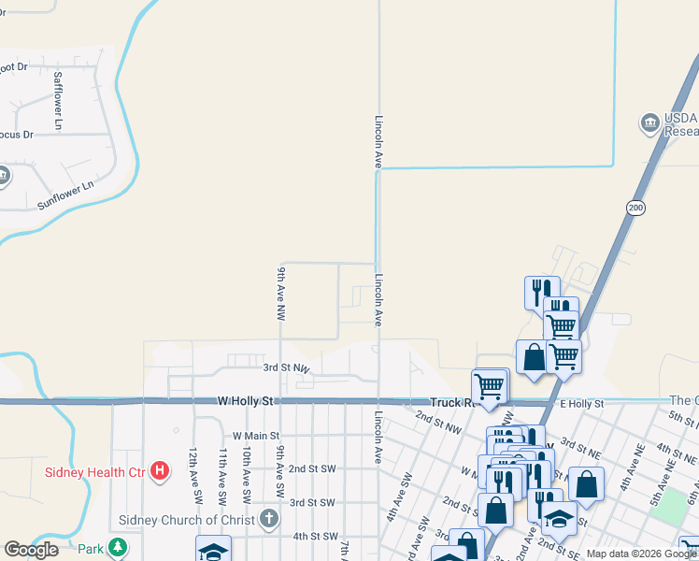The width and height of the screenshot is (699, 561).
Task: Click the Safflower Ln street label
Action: tap(58, 100)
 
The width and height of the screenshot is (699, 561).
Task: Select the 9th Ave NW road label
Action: tap(279, 294)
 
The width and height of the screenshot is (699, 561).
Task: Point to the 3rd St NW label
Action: tap(286, 368)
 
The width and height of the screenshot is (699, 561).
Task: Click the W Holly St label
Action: tap(245, 401)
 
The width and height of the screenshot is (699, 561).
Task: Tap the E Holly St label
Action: tap(582, 404)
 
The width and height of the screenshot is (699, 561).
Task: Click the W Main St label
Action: tap(256, 436)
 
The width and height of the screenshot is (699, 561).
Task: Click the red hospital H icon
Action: tap(160, 470)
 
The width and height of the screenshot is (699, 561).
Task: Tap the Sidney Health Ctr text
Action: tap(95, 471)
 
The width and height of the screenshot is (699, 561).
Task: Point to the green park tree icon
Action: tap(117, 547)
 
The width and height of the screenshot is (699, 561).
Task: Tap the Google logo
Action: tap(31, 550)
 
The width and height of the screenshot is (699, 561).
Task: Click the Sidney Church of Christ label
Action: tap(187, 520)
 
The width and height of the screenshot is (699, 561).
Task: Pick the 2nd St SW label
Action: tap(311, 468)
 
